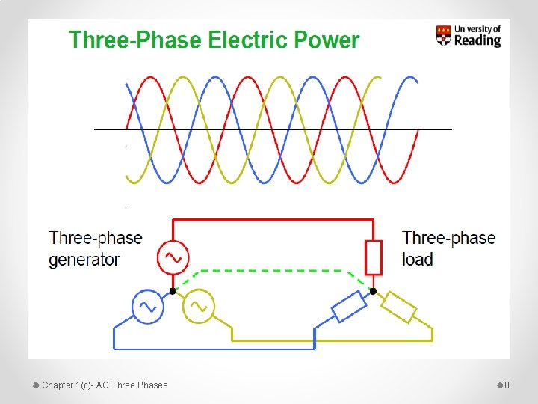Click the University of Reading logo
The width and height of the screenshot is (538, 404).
pos(468,35)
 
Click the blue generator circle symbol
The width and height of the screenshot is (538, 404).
pos(148,306)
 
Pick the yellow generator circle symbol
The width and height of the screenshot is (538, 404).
pos(198,306)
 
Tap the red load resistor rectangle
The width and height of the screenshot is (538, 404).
pos(373,257)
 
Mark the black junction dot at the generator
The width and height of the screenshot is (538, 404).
pos(173,290)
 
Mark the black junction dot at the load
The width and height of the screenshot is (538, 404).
pos(373,291)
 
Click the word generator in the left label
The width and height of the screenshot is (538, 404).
pos(84,260)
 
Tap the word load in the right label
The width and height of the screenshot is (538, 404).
pos(418,260)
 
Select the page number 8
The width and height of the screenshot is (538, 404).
pos(507,385)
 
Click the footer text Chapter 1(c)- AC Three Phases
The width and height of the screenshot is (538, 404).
pos(105,385)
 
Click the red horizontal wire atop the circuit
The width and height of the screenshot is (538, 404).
pos(273,220)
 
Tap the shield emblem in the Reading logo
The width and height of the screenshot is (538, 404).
pos(444,35)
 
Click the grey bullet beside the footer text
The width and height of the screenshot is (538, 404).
pos(35,385)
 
